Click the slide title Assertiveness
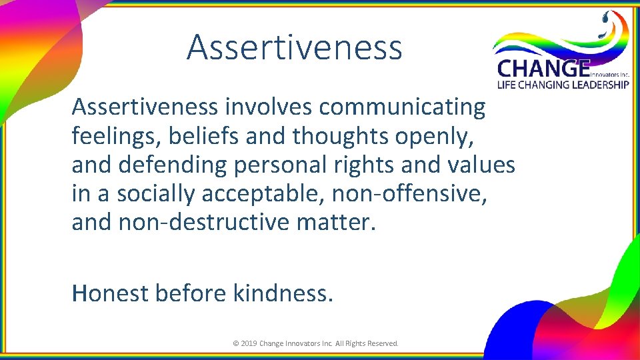[294, 47]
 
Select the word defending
[175, 165]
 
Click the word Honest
[110, 292]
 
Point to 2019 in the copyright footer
[248, 343]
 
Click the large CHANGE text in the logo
[543, 69]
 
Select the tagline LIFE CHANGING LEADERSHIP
[563, 85]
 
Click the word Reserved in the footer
[382, 343]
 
